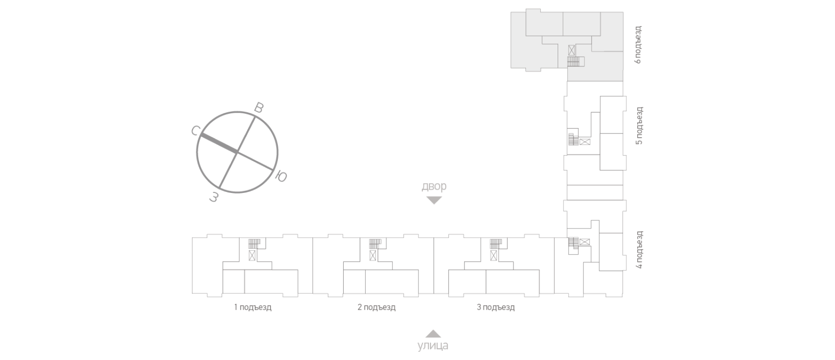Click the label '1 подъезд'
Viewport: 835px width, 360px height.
point(253,307)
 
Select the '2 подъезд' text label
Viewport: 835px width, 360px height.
point(376,307)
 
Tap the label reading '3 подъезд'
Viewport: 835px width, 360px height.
point(496,307)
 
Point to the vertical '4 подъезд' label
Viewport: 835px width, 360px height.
point(639,250)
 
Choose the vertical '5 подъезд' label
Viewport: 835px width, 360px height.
point(639,125)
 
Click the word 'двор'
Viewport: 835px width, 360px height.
point(434,186)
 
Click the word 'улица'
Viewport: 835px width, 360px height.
point(433,345)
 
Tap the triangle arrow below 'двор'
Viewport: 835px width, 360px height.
point(434,200)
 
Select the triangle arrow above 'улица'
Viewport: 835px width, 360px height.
point(433,334)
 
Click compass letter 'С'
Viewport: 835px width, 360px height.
point(195,131)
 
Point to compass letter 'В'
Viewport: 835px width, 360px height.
point(259,108)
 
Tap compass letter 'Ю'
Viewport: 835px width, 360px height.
point(281,177)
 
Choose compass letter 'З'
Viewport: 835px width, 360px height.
point(214,197)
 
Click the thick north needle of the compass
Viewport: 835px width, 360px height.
point(219,144)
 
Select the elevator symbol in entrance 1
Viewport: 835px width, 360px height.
point(252,255)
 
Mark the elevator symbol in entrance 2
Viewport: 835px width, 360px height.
point(373,255)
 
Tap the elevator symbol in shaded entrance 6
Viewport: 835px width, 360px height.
point(572,50)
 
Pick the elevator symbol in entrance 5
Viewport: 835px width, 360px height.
point(585,142)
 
